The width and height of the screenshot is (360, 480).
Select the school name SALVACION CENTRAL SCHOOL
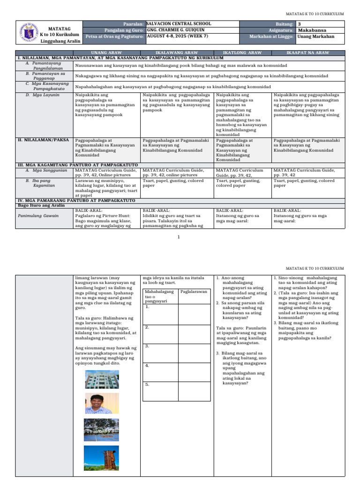point(179,23)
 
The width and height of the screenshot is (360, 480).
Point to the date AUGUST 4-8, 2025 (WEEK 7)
point(175,36)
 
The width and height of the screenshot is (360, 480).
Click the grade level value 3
point(300,23)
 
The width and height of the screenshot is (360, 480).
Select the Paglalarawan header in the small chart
point(194,292)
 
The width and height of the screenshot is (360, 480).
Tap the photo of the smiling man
point(98,403)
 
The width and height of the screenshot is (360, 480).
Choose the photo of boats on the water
point(98,430)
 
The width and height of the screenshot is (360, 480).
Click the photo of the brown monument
point(98,458)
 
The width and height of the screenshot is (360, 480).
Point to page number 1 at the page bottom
point(180,237)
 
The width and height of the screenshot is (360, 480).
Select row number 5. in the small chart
point(147,384)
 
